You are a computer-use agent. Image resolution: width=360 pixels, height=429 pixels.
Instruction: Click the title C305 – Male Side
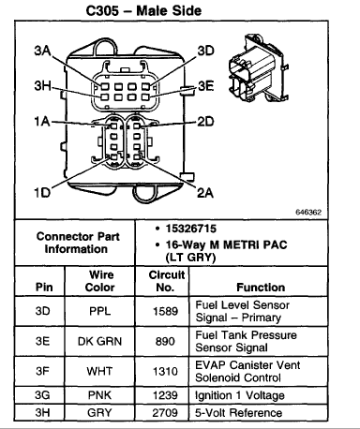[x=143, y=11]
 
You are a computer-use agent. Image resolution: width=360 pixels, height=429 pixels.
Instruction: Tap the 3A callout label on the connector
[x=42, y=51]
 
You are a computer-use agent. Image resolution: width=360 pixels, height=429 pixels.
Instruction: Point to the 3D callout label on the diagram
[x=205, y=51]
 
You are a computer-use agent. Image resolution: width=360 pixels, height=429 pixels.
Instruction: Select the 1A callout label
[x=42, y=121]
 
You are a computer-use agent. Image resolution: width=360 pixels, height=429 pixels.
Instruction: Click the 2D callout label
[x=205, y=122]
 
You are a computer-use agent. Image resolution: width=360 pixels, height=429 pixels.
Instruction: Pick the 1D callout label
[x=42, y=192]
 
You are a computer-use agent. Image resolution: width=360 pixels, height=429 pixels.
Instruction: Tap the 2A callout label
[x=205, y=193]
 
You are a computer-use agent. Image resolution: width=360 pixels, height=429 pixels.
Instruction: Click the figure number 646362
[x=308, y=213]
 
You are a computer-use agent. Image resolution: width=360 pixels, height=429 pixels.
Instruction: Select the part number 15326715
[x=191, y=229]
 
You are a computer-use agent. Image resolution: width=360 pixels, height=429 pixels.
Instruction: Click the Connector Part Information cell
[x=75, y=243]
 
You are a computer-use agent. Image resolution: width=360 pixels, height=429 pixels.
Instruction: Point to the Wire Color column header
[x=100, y=281]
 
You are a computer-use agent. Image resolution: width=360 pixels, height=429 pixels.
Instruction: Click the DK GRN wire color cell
[x=99, y=341]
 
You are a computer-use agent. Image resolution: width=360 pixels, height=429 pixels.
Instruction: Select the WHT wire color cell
[x=99, y=371]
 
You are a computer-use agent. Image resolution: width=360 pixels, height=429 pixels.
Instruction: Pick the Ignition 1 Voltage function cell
[x=259, y=395]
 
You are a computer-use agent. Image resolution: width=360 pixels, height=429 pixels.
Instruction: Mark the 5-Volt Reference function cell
[x=259, y=413]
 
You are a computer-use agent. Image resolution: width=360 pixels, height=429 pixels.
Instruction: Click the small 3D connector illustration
[x=259, y=67]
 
